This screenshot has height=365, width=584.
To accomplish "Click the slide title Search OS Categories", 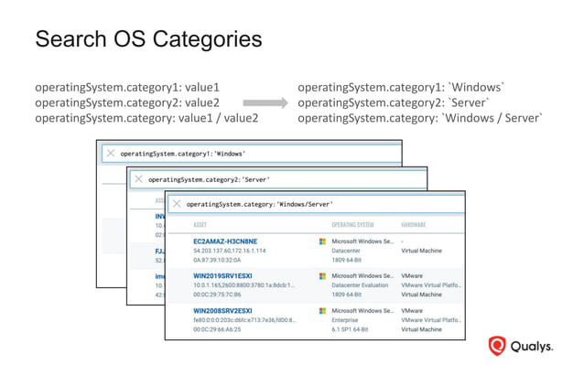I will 147,40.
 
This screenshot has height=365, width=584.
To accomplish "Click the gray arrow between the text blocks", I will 265,103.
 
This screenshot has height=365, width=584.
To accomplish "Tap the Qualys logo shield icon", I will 497,346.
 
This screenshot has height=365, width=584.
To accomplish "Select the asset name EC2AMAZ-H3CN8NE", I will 225,242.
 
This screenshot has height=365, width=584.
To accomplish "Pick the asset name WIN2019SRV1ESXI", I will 222,275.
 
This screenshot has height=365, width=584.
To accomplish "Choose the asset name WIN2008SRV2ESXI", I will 222,311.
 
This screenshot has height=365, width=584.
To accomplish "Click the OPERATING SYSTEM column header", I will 352,225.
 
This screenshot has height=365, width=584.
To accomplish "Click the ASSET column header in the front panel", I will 200,225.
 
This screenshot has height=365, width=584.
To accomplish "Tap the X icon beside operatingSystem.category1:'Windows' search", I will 111,154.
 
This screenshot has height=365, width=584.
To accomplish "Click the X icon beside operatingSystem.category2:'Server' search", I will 138,179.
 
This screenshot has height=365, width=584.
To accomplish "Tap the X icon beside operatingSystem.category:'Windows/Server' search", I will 177,204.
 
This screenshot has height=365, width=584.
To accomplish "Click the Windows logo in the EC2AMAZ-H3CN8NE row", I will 322,242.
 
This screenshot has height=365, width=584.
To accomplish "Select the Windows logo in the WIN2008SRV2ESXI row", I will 322,311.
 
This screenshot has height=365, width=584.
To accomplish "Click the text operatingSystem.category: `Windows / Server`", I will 420,118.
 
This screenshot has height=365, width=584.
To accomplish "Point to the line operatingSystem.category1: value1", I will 127,88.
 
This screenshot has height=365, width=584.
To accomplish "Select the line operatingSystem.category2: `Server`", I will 394,103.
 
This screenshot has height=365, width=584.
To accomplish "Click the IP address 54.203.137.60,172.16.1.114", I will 230,251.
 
